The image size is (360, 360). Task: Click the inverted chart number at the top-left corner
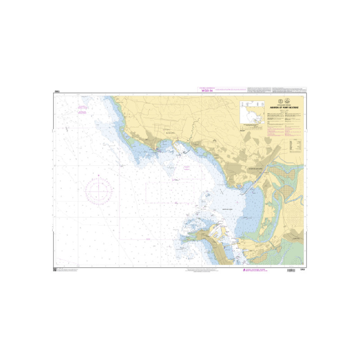coord(57,92)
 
